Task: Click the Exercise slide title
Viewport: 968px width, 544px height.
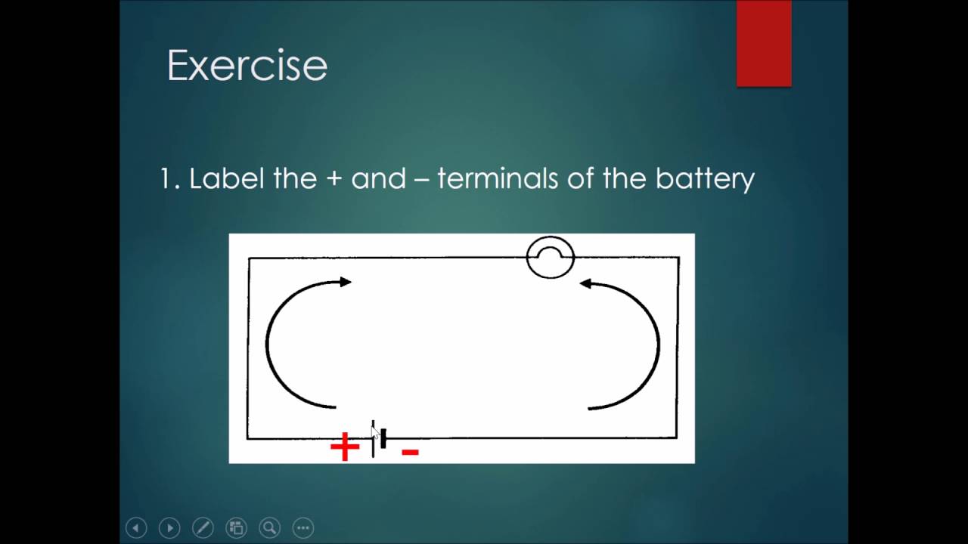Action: click(247, 66)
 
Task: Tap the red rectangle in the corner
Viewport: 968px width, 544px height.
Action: click(764, 43)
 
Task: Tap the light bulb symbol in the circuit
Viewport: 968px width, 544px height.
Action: click(551, 258)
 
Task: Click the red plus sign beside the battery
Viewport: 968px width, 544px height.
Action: click(345, 447)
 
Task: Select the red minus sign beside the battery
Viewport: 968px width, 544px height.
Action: click(410, 452)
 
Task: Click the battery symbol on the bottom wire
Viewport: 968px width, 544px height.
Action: click(379, 439)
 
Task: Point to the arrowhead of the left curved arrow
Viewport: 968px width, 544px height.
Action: click(346, 282)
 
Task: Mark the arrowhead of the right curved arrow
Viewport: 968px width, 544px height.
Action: click(585, 283)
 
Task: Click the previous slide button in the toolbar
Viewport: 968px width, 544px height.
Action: click(136, 527)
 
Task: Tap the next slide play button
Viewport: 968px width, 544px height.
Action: click(169, 527)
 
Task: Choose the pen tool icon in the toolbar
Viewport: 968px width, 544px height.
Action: click(203, 527)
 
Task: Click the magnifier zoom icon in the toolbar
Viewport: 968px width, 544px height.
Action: click(269, 527)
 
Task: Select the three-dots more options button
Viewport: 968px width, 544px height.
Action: click(302, 527)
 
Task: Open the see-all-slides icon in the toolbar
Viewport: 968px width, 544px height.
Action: click(236, 527)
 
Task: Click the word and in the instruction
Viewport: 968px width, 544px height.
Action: click(378, 179)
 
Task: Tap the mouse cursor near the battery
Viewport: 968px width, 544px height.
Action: click(375, 433)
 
